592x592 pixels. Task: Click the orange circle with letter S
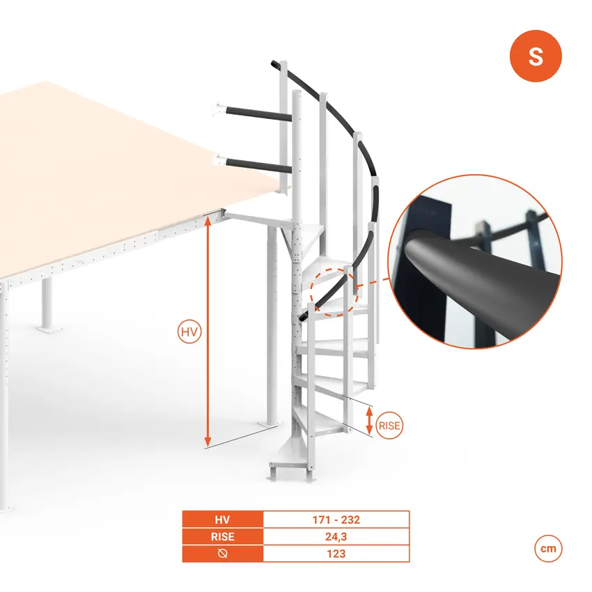(x=536, y=56)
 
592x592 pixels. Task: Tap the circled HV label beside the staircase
(x=189, y=332)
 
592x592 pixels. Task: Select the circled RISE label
(x=389, y=426)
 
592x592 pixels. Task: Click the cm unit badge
(x=548, y=548)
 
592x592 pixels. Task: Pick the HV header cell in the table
(x=222, y=520)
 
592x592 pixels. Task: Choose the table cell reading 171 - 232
(x=336, y=520)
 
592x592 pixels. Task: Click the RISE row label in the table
(x=222, y=536)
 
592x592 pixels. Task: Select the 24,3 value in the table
(x=336, y=536)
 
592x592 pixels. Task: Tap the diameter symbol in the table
(x=222, y=554)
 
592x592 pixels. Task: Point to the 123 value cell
(x=336, y=554)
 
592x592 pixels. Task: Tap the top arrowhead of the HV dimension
(x=208, y=221)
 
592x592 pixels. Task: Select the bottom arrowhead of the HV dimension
(x=208, y=442)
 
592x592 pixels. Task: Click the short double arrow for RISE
(x=370, y=421)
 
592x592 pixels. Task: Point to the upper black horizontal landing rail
(x=258, y=114)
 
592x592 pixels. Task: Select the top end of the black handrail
(x=275, y=64)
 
